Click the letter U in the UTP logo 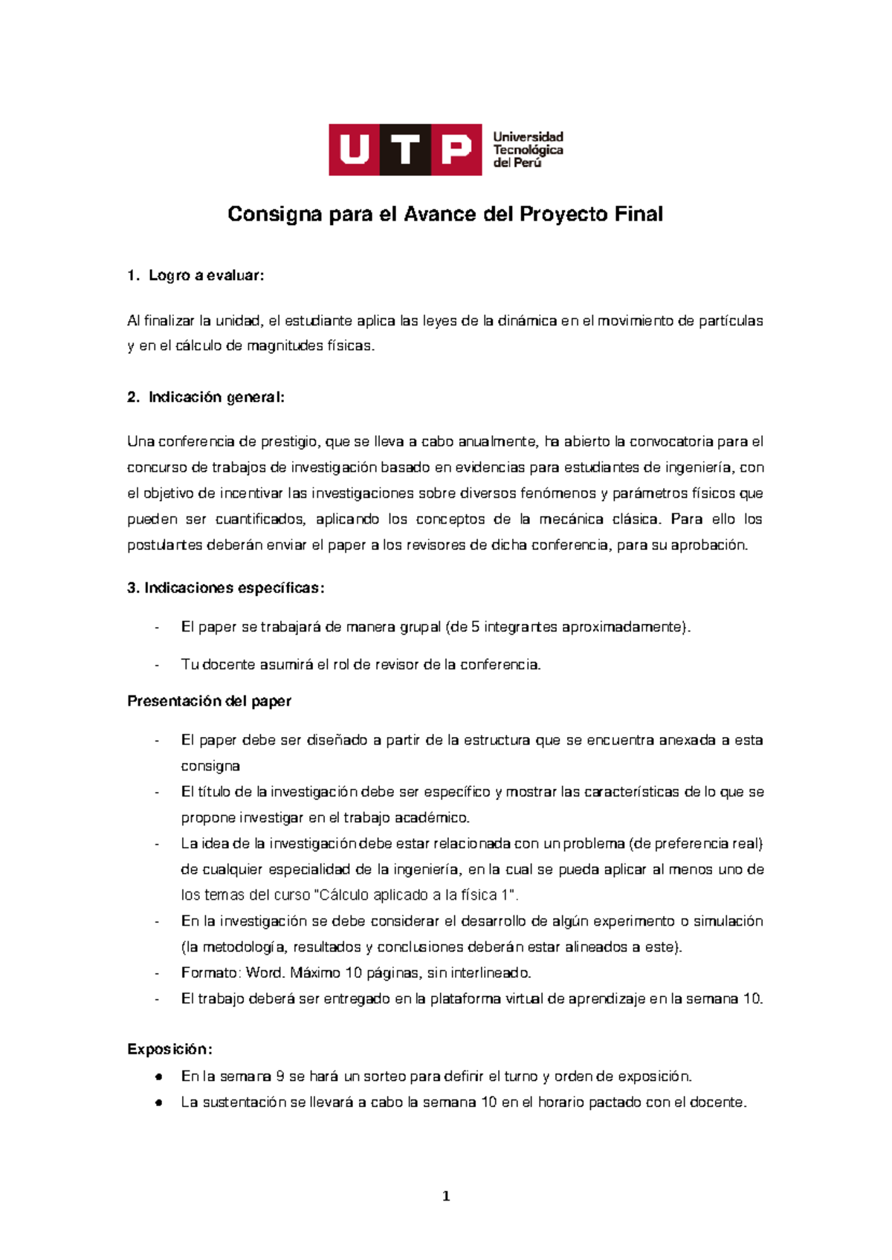355,150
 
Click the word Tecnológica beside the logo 528,150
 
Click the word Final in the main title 639,215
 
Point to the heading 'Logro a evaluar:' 206,276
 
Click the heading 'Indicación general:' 216,397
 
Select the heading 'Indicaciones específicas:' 226,588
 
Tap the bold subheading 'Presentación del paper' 209,701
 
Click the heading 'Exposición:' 169,1050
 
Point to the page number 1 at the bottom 446,1196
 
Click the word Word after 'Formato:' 264,973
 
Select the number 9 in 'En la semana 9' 279,1076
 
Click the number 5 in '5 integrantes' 475,627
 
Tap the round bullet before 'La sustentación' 158,1102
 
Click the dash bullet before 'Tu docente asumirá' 158,665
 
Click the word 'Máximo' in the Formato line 315,973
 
